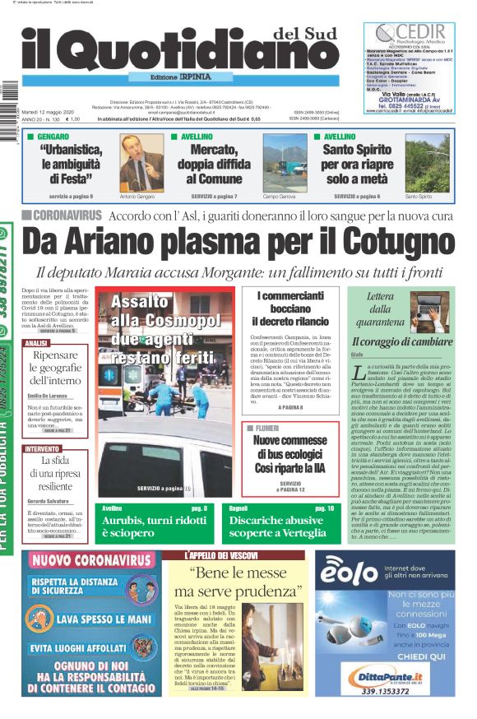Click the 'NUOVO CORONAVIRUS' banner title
[92, 561]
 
